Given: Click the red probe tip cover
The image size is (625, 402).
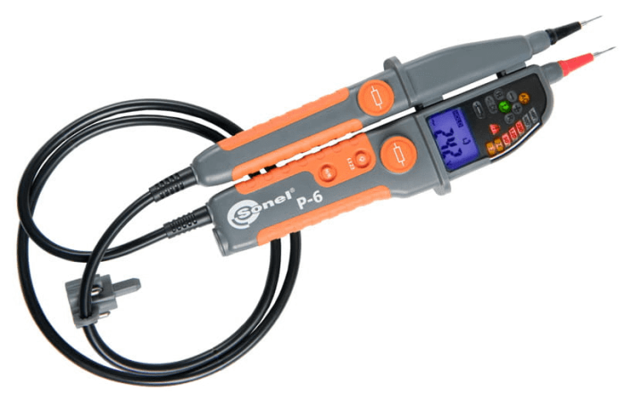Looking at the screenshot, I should pyautogui.click(x=575, y=63).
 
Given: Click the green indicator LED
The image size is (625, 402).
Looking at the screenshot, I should pyautogui.click(x=503, y=106).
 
